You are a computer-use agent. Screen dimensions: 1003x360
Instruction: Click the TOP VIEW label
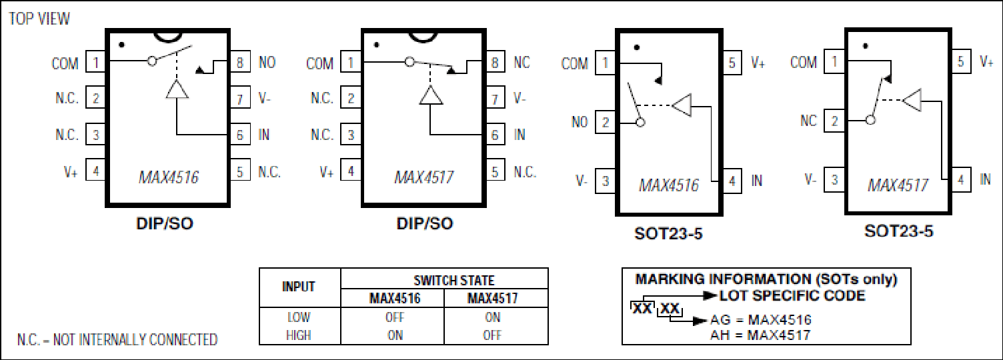pos(39,19)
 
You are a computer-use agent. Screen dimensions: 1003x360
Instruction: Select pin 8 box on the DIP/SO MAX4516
pos(240,62)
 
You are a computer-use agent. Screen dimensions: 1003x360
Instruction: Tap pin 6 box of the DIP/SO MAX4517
pos(495,135)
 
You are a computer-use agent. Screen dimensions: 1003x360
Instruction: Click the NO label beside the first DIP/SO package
pos(267,62)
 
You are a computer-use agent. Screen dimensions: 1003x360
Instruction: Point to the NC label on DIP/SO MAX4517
pos(522,62)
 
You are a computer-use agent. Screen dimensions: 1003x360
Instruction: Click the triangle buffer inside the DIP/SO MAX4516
pos(177,89)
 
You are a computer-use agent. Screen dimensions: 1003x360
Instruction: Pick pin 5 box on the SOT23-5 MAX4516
pos(732,63)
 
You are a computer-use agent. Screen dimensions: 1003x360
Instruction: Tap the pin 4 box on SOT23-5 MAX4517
pos(960,180)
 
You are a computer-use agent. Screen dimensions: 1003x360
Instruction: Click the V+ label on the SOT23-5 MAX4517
pos(986,61)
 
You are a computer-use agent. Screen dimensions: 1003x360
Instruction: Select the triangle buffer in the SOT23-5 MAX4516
pos(682,105)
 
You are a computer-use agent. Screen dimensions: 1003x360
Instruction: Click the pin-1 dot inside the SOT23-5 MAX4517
pos(866,46)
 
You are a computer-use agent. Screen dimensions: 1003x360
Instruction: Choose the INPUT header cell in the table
pos(299,287)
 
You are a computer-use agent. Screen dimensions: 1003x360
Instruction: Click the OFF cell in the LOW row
pos(395,317)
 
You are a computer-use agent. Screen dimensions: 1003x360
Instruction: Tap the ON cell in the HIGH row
pos(395,335)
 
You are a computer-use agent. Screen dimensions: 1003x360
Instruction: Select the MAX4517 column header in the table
pos(493,298)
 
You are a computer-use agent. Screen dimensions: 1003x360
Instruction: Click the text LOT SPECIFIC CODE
pos(792,295)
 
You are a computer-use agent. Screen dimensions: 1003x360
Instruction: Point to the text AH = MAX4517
pos(760,335)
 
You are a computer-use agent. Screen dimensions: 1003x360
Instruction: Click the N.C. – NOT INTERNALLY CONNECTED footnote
pos(117,340)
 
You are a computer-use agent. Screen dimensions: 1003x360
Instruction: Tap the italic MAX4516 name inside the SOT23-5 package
pos(669,185)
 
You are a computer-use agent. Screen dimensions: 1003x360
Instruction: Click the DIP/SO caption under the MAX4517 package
pos(425,223)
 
